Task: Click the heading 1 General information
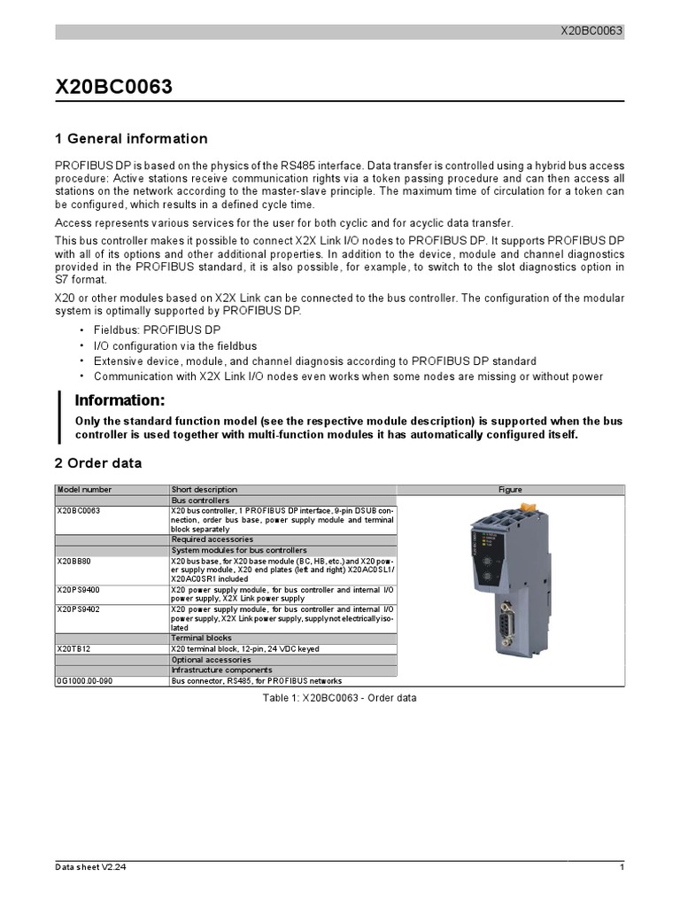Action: [x=131, y=139]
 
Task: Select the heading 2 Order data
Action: [x=98, y=463]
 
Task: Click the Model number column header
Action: [x=85, y=490]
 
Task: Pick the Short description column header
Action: [x=205, y=490]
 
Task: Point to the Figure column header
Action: [x=510, y=490]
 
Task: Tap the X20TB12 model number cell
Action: [x=74, y=649]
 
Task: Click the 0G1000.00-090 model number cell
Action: [x=85, y=681]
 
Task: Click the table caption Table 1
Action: [x=340, y=698]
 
